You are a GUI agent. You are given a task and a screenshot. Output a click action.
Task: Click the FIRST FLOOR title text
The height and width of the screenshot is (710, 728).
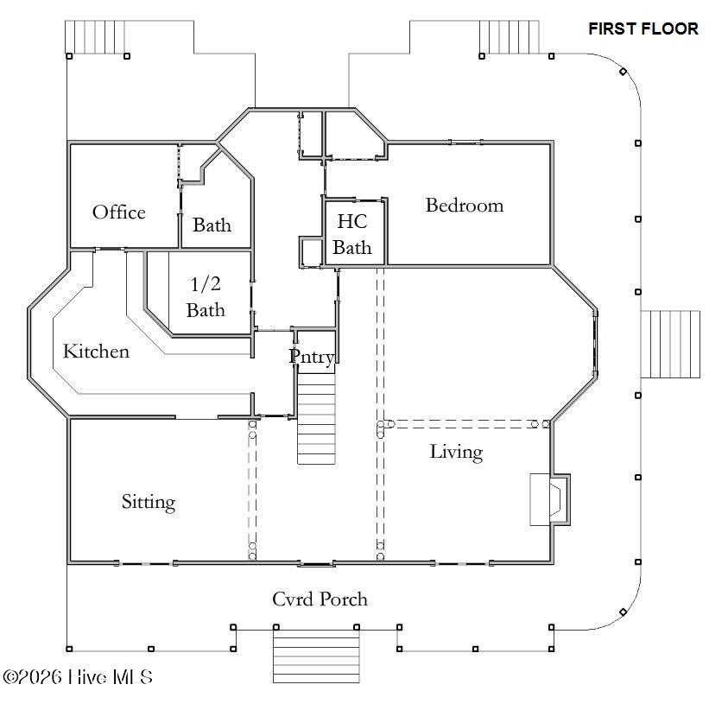pos(643,29)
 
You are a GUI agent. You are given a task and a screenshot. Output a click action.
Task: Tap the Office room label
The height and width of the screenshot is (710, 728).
pos(119,212)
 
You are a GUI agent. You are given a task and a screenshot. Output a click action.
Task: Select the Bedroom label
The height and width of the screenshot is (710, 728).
pos(465,206)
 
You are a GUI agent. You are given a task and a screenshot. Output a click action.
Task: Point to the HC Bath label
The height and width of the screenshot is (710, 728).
pos(352,234)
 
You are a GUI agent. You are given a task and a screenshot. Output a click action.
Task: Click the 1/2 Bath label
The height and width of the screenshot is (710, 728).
pos(206,297)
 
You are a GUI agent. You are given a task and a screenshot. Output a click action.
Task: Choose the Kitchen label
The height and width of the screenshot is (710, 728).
pos(96,351)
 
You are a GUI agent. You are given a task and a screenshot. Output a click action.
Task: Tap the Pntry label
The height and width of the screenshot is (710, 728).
pos(312,357)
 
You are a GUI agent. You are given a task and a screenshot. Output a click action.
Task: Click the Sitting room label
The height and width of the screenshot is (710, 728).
pos(149,502)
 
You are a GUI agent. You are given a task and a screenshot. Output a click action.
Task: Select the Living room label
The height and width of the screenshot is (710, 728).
pos(456,452)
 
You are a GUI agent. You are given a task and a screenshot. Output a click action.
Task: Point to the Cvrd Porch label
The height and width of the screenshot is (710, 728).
pos(320,599)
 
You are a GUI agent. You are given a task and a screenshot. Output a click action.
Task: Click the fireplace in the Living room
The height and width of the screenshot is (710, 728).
pos(550,499)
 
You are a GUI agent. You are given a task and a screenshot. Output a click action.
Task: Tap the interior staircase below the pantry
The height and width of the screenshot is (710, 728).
pos(316,419)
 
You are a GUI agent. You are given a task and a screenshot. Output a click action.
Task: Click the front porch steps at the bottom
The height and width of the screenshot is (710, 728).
pos(316,656)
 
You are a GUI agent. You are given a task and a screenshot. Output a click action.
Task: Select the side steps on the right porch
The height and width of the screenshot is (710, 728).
pos(670,345)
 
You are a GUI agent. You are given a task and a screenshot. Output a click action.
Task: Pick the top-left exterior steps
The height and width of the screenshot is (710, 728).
pos(95,37)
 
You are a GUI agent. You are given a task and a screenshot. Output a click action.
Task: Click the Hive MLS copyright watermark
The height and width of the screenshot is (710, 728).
pos(78,677)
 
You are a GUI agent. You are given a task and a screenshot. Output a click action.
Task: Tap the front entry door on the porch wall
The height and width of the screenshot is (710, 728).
pos(316,564)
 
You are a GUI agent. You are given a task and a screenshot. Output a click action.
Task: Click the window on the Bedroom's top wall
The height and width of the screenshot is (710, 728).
pos(465,143)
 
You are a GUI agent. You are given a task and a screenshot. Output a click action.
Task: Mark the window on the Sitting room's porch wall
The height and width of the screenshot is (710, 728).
pos(146,563)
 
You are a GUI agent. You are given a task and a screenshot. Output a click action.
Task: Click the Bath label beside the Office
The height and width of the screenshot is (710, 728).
pos(212,225)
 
